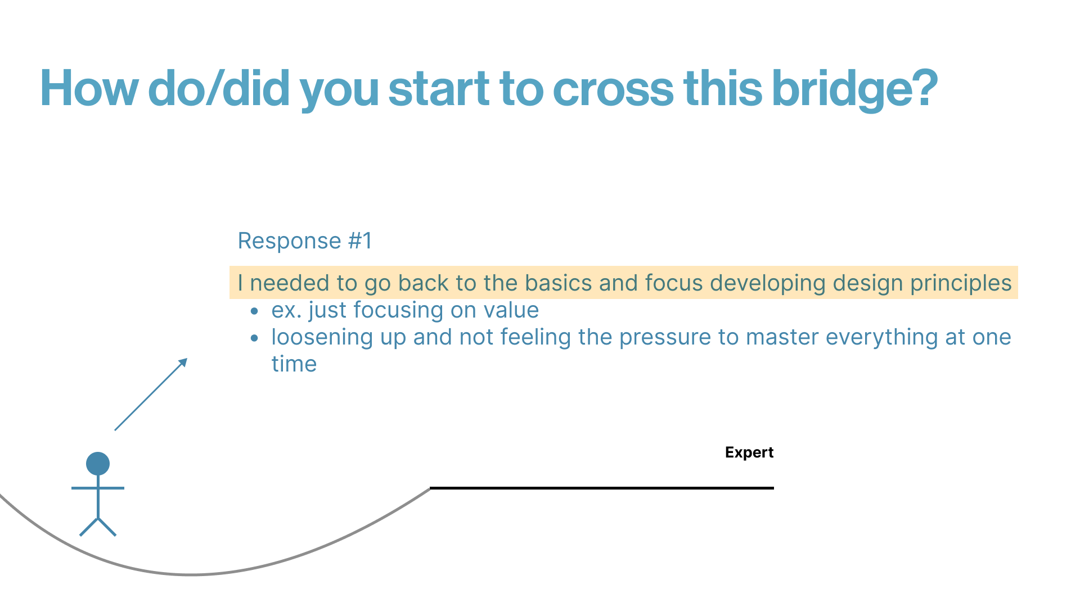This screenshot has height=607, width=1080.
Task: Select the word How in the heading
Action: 89,88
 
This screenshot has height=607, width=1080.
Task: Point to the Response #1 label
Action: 305,241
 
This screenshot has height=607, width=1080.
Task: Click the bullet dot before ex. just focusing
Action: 255,311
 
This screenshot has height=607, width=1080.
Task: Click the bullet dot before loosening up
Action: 255,338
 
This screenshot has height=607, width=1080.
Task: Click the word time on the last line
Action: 294,364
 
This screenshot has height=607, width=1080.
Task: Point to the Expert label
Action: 749,452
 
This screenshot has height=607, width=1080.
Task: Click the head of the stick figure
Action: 98,464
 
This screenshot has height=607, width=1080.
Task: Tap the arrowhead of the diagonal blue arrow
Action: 183,362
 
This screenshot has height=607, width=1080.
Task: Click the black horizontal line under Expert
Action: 602,488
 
